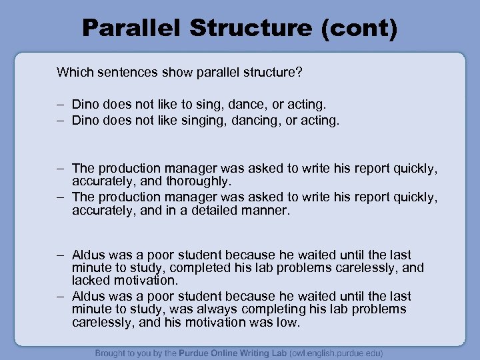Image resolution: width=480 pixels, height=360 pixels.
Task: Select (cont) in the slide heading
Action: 363,27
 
